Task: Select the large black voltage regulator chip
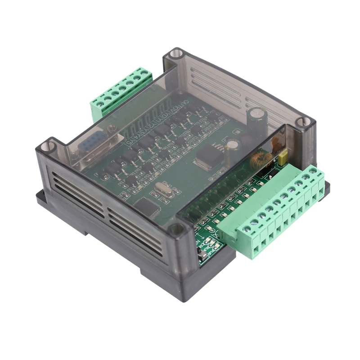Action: (x=205, y=155)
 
